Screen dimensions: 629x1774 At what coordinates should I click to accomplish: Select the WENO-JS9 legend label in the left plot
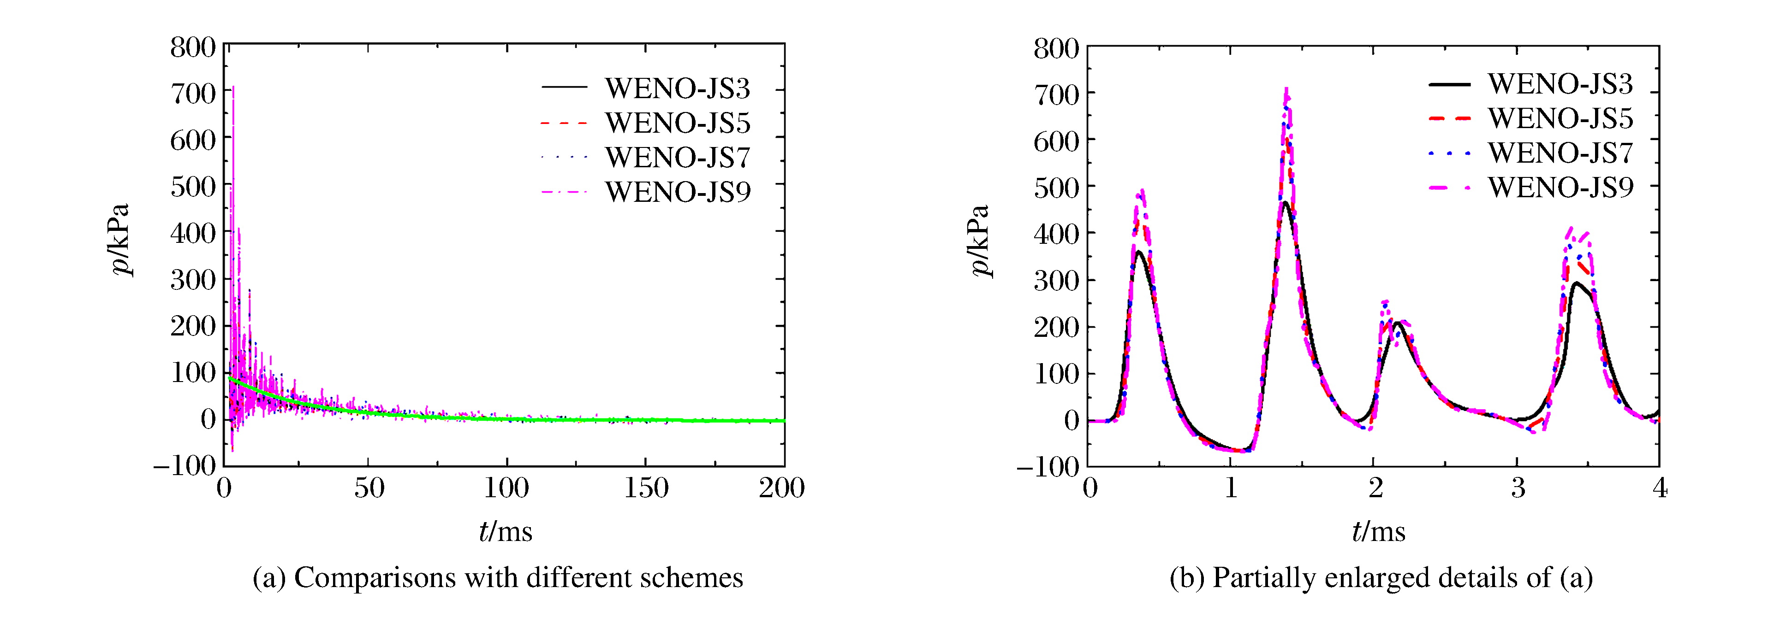click(677, 192)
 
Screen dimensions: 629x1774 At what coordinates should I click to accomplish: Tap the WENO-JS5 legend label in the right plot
click(1560, 118)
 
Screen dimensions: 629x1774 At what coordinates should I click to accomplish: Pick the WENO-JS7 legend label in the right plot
click(1560, 153)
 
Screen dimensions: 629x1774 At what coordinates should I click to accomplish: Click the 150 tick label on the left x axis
click(646, 488)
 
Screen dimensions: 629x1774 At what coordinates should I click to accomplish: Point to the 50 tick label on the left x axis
click(369, 488)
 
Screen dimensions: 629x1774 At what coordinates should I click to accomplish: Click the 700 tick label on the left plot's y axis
click(193, 94)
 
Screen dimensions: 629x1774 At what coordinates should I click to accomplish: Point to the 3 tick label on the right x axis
click(1518, 488)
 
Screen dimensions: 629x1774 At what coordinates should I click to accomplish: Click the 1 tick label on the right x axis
click(1231, 488)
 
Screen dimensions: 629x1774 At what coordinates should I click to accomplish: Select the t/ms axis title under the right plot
click(1378, 531)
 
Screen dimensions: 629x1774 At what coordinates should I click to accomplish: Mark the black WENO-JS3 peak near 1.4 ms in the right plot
click(1285, 202)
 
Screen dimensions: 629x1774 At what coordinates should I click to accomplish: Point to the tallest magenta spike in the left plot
click(233, 88)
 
